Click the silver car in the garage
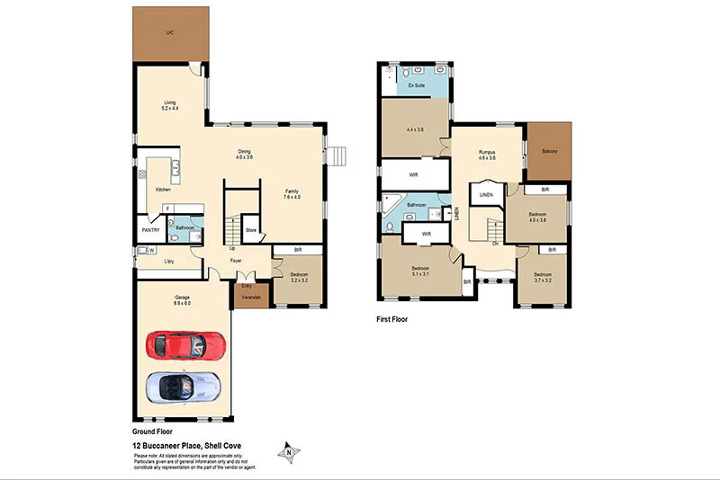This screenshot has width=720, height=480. pyautogui.click(x=183, y=387)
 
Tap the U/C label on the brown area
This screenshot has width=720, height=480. pyautogui.click(x=169, y=32)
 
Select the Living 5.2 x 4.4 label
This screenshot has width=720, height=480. pyautogui.click(x=170, y=105)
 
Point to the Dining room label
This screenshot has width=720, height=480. pyautogui.click(x=244, y=154)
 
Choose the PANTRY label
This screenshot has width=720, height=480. pyautogui.click(x=150, y=230)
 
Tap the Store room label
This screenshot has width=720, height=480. pyautogui.click(x=251, y=229)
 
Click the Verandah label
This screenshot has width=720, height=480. pyautogui.click(x=251, y=296)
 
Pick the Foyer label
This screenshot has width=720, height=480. pyautogui.click(x=236, y=262)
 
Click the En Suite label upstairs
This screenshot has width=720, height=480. pyautogui.click(x=416, y=85)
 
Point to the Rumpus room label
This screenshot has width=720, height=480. pyautogui.click(x=488, y=156)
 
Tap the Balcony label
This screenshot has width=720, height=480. pyautogui.click(x=549, y=151)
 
